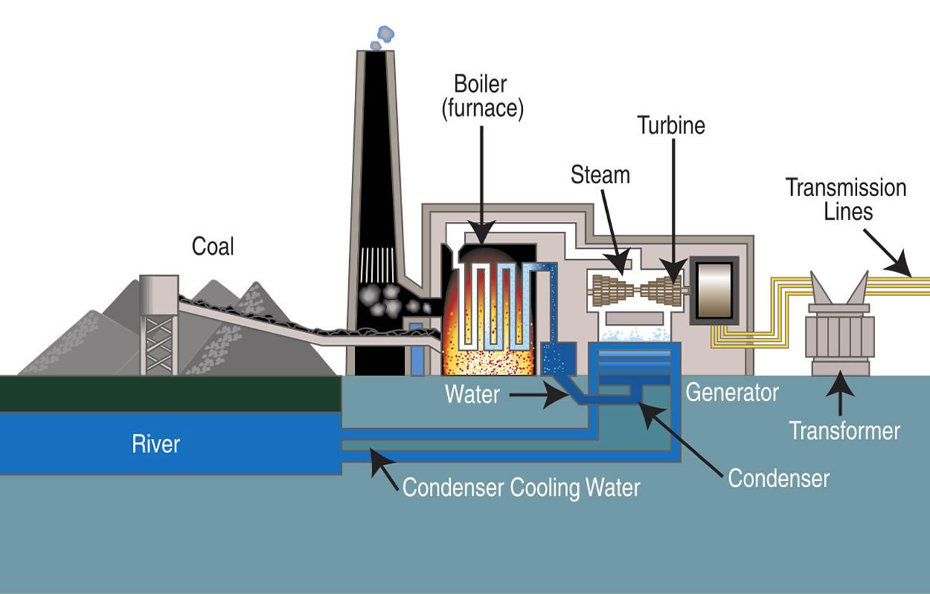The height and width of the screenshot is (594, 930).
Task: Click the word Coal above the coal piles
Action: [213, 246]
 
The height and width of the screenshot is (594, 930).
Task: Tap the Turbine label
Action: [671, 125]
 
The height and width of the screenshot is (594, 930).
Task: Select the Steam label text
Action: [600, 175]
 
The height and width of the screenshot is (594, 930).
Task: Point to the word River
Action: [156, 444]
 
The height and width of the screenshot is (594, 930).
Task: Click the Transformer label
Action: [844, 431]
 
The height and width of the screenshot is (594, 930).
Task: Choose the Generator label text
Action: [732, 392]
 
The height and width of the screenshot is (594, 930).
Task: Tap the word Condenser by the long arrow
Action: [778, 479]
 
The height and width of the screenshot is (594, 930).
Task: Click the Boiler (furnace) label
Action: [482, 97]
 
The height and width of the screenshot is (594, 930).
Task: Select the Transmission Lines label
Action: [846, 200]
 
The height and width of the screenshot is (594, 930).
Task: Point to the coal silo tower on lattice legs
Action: [159, 325]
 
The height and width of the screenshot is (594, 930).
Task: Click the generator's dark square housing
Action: [715, 291]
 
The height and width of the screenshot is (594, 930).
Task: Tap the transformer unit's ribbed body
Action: [840, 336]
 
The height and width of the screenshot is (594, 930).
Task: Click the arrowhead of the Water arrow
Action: [557, 396]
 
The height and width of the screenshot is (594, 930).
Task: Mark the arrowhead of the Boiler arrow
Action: [482, 233]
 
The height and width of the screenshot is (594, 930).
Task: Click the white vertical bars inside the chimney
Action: [378, 266]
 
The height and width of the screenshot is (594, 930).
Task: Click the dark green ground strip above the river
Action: [170, 394]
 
